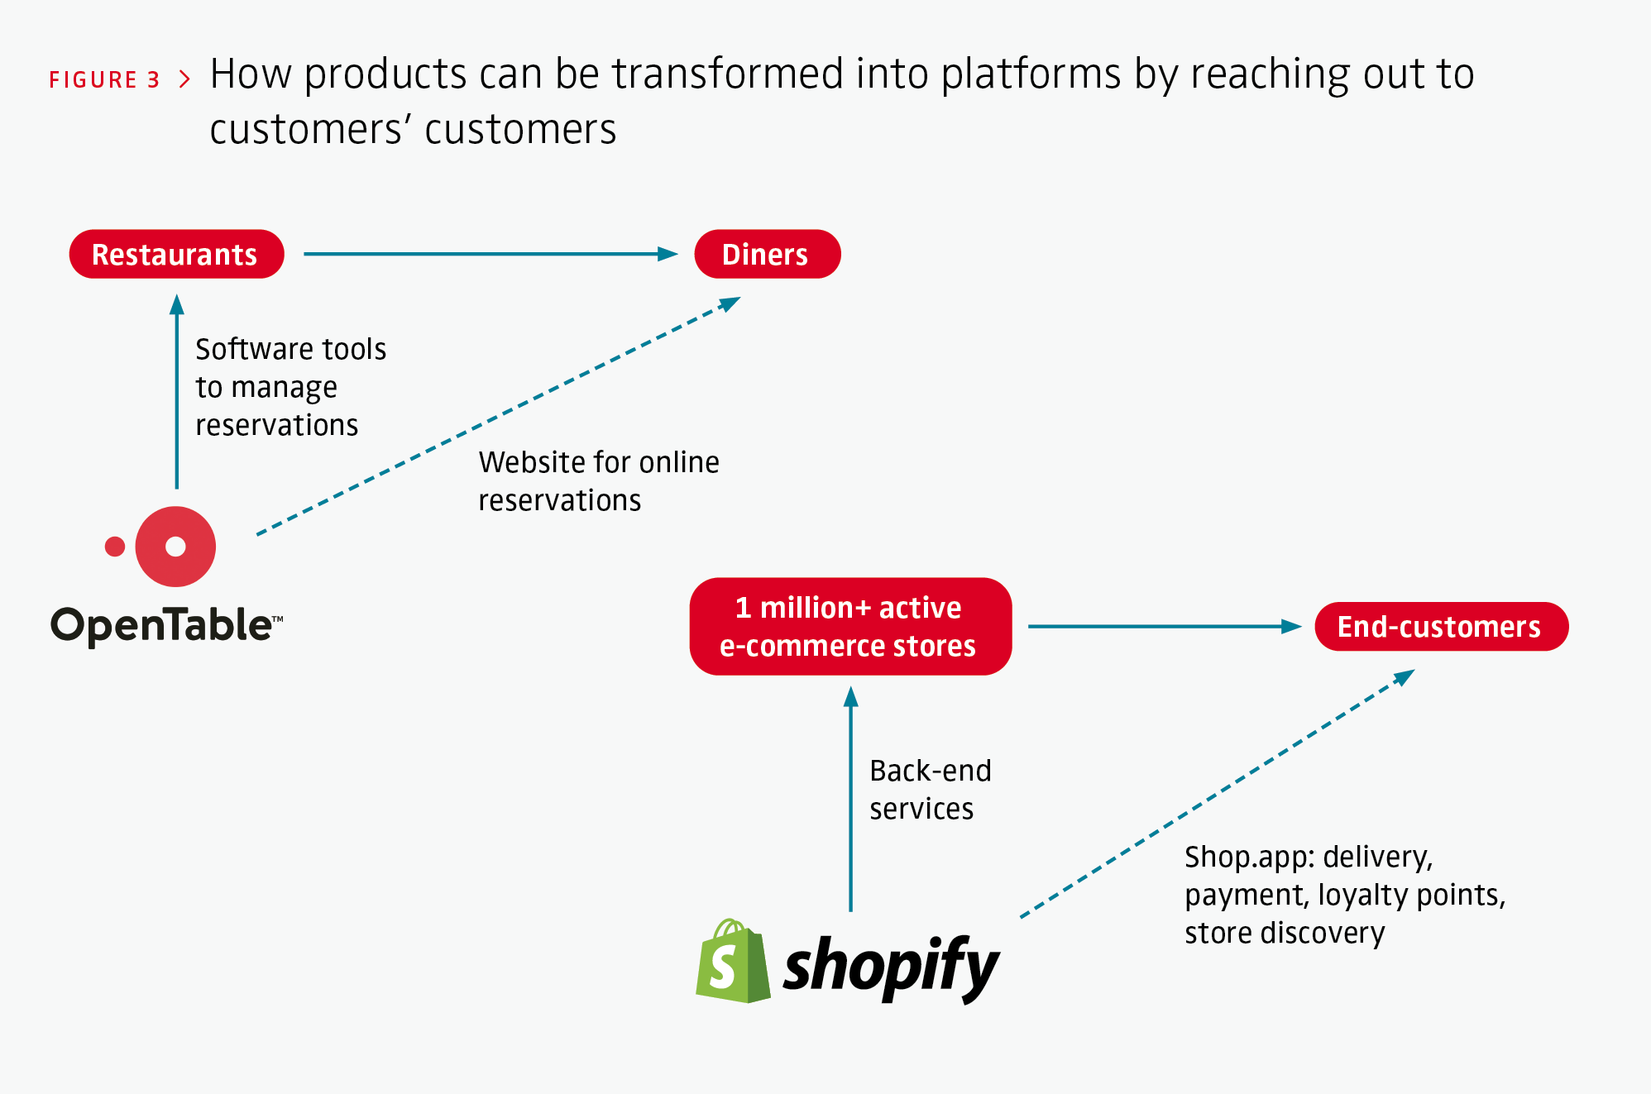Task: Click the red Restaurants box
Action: point(176,255)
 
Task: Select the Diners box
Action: point(767,255)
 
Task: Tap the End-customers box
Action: point(1440,627)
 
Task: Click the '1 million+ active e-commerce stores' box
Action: point(849,627)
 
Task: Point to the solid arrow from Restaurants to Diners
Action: point(488,254)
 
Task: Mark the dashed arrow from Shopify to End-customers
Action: point(1216,794)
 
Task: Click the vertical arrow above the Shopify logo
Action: point(850,802)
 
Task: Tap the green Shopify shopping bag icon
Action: point(732,963)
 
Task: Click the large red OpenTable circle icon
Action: point(175,547)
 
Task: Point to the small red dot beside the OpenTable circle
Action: point(115,547)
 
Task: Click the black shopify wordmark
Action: point(891,967)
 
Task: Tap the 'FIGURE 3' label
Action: point(104,80)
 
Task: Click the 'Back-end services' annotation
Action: point(929,790)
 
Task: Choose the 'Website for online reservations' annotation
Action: point(597,481)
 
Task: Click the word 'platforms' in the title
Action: point(1031,74)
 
